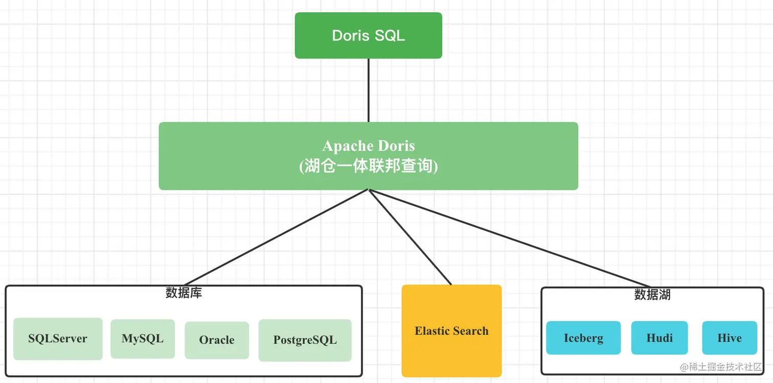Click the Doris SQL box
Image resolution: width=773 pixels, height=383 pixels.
(x=368, y=35)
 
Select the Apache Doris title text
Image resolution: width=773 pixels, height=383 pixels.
(x=368, y=146)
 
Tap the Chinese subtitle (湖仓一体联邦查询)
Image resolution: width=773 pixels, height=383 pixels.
(x=368, y=167)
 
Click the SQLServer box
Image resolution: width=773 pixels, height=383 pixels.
(x=58, y=339)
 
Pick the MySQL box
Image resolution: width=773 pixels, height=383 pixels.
(x=143, y=339)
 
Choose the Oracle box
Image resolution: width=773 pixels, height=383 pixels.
(x=217, y=340)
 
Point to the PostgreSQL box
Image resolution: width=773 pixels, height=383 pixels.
(x=305, y=340)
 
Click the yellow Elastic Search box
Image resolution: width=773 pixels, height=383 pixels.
(x=451, y=331)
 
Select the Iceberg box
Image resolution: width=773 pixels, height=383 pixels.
(x=583, y=338)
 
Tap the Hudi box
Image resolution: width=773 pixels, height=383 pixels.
(x=660, y=338)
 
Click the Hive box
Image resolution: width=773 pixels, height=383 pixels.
(x=730, y=338)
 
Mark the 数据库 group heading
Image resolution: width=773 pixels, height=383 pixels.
(x=184, y=293)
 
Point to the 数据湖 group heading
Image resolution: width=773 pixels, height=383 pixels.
(x=652, y=295)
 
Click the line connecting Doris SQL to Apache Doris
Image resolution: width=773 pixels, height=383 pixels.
(x=369, y=90)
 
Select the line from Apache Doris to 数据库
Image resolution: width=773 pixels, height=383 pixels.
(x=276, y=237)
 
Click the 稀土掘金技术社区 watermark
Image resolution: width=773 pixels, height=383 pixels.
(x=721, y=367)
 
